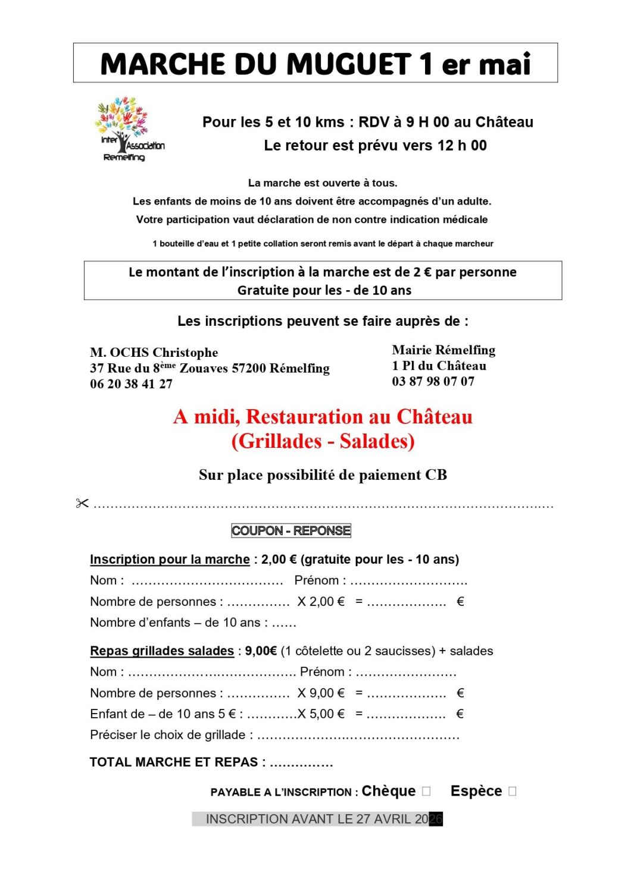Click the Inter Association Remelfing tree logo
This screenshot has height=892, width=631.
pyautogui.click(x=128, y=129)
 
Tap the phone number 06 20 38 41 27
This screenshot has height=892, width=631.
pyautogui.click(x=131, y=384)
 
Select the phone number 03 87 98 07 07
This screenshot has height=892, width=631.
pyautogui.click(x=433, y=382)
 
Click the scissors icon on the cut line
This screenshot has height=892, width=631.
pyautogui.click(x=82, y=504)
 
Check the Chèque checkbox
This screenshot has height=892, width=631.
pyautogui.click(x=426, y=792)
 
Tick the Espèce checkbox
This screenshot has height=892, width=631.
pyautogui.click(x=513, y=792)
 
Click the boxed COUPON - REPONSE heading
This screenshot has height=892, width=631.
pyautogui.click(x=291, y=530)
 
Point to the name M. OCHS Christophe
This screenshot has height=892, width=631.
pyautogui.click(x=154, y=353)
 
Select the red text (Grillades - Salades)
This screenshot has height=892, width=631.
pyautogui.click(x=323, y=441)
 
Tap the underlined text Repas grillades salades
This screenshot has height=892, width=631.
pyautogui.click(x=162, y=651)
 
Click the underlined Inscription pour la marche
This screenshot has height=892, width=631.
pyautogui.click(x=170, y=560)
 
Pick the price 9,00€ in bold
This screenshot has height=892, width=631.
pyautogui.click(x=261, y=651)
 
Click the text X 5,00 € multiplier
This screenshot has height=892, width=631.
pyautogui.click(x=321, y=714)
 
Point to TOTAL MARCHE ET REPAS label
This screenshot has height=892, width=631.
pyautogui.click(x=173, y=762)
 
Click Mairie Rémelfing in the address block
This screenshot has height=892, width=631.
pyautogui.click(x=443, y=350)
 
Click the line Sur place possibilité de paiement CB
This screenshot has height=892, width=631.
pyautogui.click(x=323, y=475)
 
